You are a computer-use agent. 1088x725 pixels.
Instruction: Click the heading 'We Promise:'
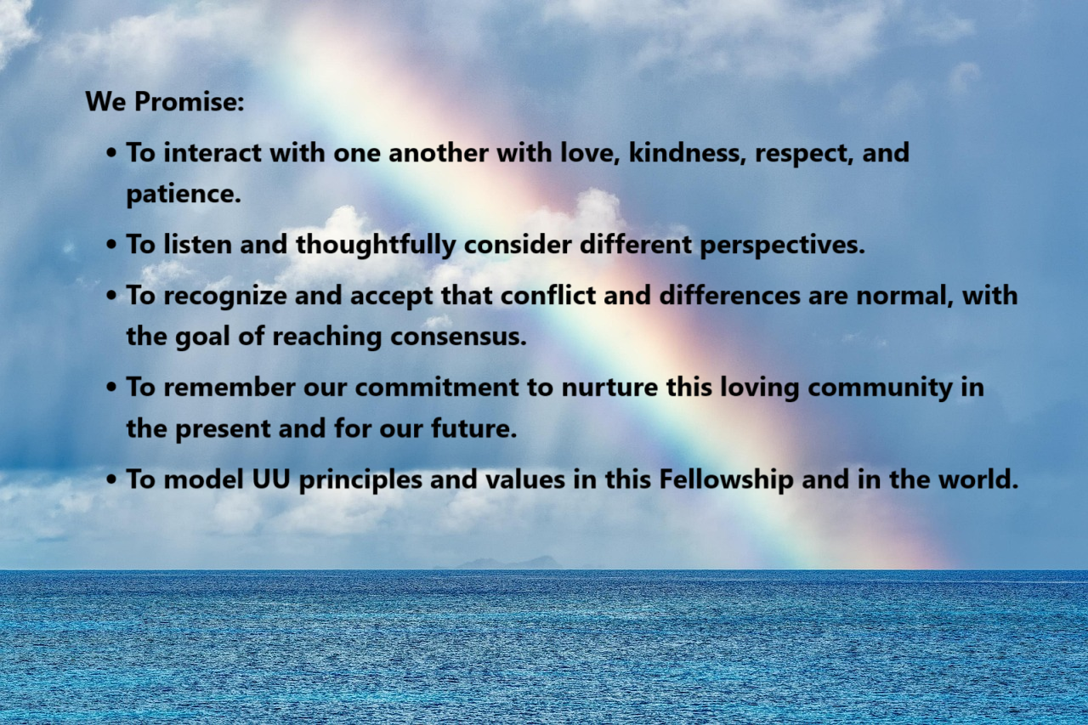coord(165,101)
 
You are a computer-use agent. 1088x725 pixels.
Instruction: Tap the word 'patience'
coord(184,195)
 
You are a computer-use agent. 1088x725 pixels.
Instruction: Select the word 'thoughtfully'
coord(376,244)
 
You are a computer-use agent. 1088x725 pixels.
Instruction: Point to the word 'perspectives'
coord(783,245)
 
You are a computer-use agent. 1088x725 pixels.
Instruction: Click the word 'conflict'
coord(548,295)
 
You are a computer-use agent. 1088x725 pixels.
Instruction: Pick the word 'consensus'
coord(458,337)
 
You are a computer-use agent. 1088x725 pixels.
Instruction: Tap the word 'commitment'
coord(437,387)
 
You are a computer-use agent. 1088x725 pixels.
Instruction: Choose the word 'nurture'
coord(609,388)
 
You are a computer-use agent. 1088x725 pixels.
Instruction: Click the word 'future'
coord(473,428)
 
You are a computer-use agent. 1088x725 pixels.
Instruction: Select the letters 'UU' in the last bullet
coord(271,479)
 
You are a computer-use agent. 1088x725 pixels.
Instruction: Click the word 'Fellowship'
coord(726,479)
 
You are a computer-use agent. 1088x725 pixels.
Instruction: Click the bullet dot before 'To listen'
coord(111,244)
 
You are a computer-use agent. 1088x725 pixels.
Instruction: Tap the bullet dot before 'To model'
coord(111,479)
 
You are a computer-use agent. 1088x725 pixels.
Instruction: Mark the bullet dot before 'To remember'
coord(111,388)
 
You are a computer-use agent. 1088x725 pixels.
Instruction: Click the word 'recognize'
coord(225,295)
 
